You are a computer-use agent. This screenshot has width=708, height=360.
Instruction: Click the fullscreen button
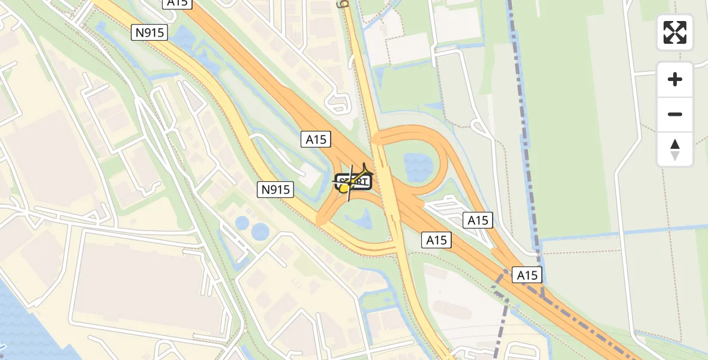[675, 32]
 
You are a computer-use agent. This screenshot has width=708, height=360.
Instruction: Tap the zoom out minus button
[675, 114]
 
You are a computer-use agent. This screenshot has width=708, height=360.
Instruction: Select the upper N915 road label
[149, 32]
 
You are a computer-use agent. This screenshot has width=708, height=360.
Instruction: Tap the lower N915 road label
[276, 190]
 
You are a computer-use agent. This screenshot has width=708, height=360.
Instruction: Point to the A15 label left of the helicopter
[316, 140]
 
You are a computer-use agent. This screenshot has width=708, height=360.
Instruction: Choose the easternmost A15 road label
[527, 275]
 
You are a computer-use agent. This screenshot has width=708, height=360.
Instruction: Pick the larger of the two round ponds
[260, 231]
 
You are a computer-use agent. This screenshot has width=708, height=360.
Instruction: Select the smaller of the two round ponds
[242, 223]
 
